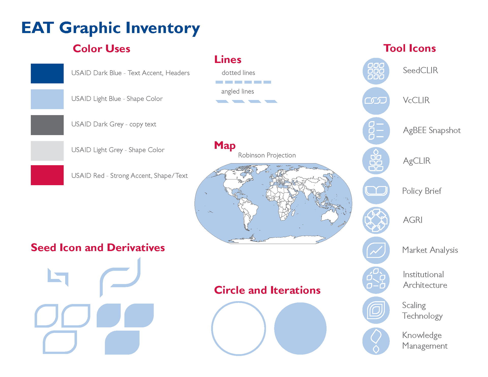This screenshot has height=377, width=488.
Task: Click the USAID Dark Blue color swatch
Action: click(x=47, y=73)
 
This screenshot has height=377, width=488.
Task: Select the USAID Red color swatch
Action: click(x=47, y=175)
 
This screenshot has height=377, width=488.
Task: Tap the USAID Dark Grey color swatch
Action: click(x=47, y=125)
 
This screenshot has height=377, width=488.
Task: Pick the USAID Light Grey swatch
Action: click(x=47, y=151)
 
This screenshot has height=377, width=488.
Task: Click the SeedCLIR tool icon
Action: click(x=376, y=71)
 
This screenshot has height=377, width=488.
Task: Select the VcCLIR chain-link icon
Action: click(x=376, y=101)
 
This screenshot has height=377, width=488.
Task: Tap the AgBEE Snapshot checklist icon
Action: click(x=376, y=131)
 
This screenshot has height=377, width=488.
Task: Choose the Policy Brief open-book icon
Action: click(x=376, y=191)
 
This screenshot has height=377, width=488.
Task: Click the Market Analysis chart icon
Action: click(x=376, y=250)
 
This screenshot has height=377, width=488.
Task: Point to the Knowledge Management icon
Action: click(x=376, y=341)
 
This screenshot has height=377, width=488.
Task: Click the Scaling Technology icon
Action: click(x=376, y=310)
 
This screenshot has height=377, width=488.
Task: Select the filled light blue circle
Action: click(x=300, y=328)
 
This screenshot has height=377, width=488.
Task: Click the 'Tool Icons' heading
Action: click(x=409, y=48)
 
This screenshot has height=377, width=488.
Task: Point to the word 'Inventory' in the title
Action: click(x=163, y=28)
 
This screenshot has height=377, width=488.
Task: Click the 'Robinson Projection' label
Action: click(x=267, y=155)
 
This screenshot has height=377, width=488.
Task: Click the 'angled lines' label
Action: click(x=237, y=91)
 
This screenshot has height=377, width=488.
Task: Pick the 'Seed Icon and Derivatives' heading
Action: click(x=98, y=247)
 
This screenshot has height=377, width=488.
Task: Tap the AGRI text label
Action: click(x=413, y=220)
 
